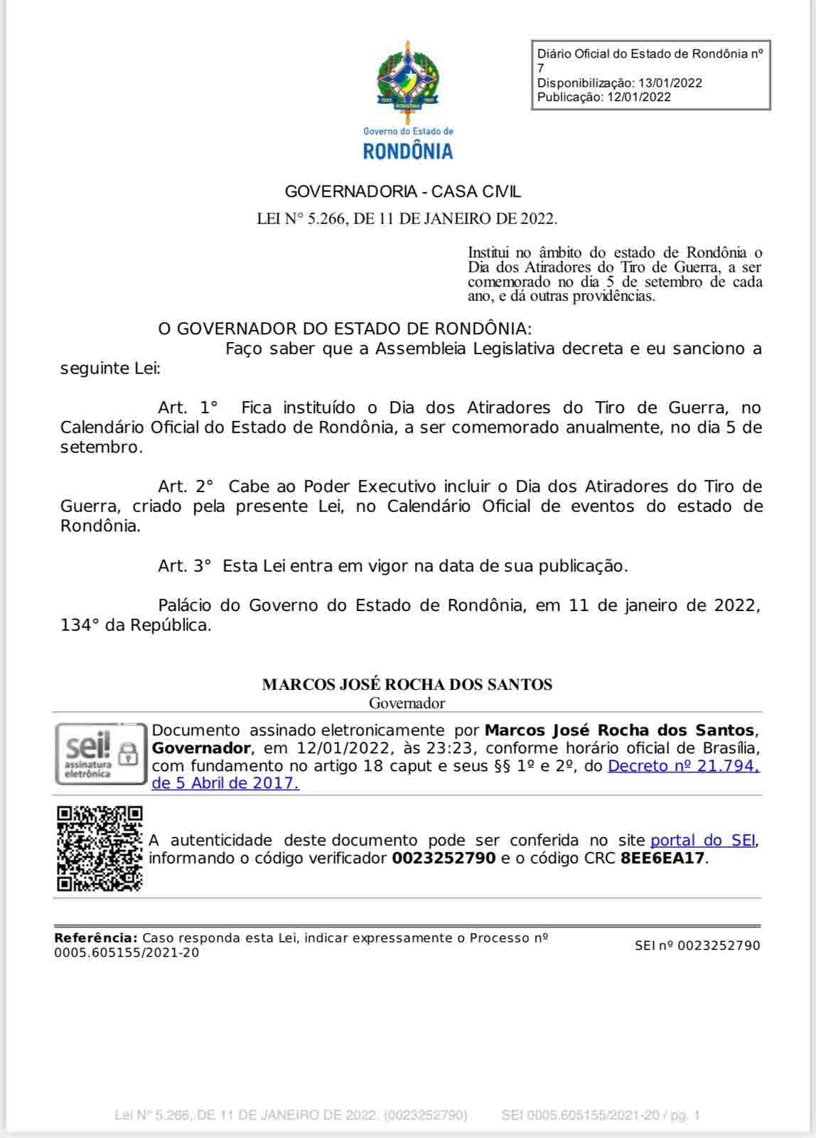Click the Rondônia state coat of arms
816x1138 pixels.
(407, 78)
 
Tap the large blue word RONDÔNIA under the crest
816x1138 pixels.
(407, 151)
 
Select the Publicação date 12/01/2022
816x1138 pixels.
(638, 97)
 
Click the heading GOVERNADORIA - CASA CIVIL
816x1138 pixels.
(402, 191)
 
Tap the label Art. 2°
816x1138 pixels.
(186, 486)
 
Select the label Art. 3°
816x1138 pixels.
(185, 566)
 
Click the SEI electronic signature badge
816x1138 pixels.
(99, 754)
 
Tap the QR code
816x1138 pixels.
(100, 849)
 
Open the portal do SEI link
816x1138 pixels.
(702, 840)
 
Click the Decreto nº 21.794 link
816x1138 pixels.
(685, 766)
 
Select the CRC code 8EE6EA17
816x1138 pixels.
(662, 858)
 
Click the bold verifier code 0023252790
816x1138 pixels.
(443, 858)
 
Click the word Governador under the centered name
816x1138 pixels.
(407, 703)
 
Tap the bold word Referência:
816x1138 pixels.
(95, 938)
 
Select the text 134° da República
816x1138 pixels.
(136, 626)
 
